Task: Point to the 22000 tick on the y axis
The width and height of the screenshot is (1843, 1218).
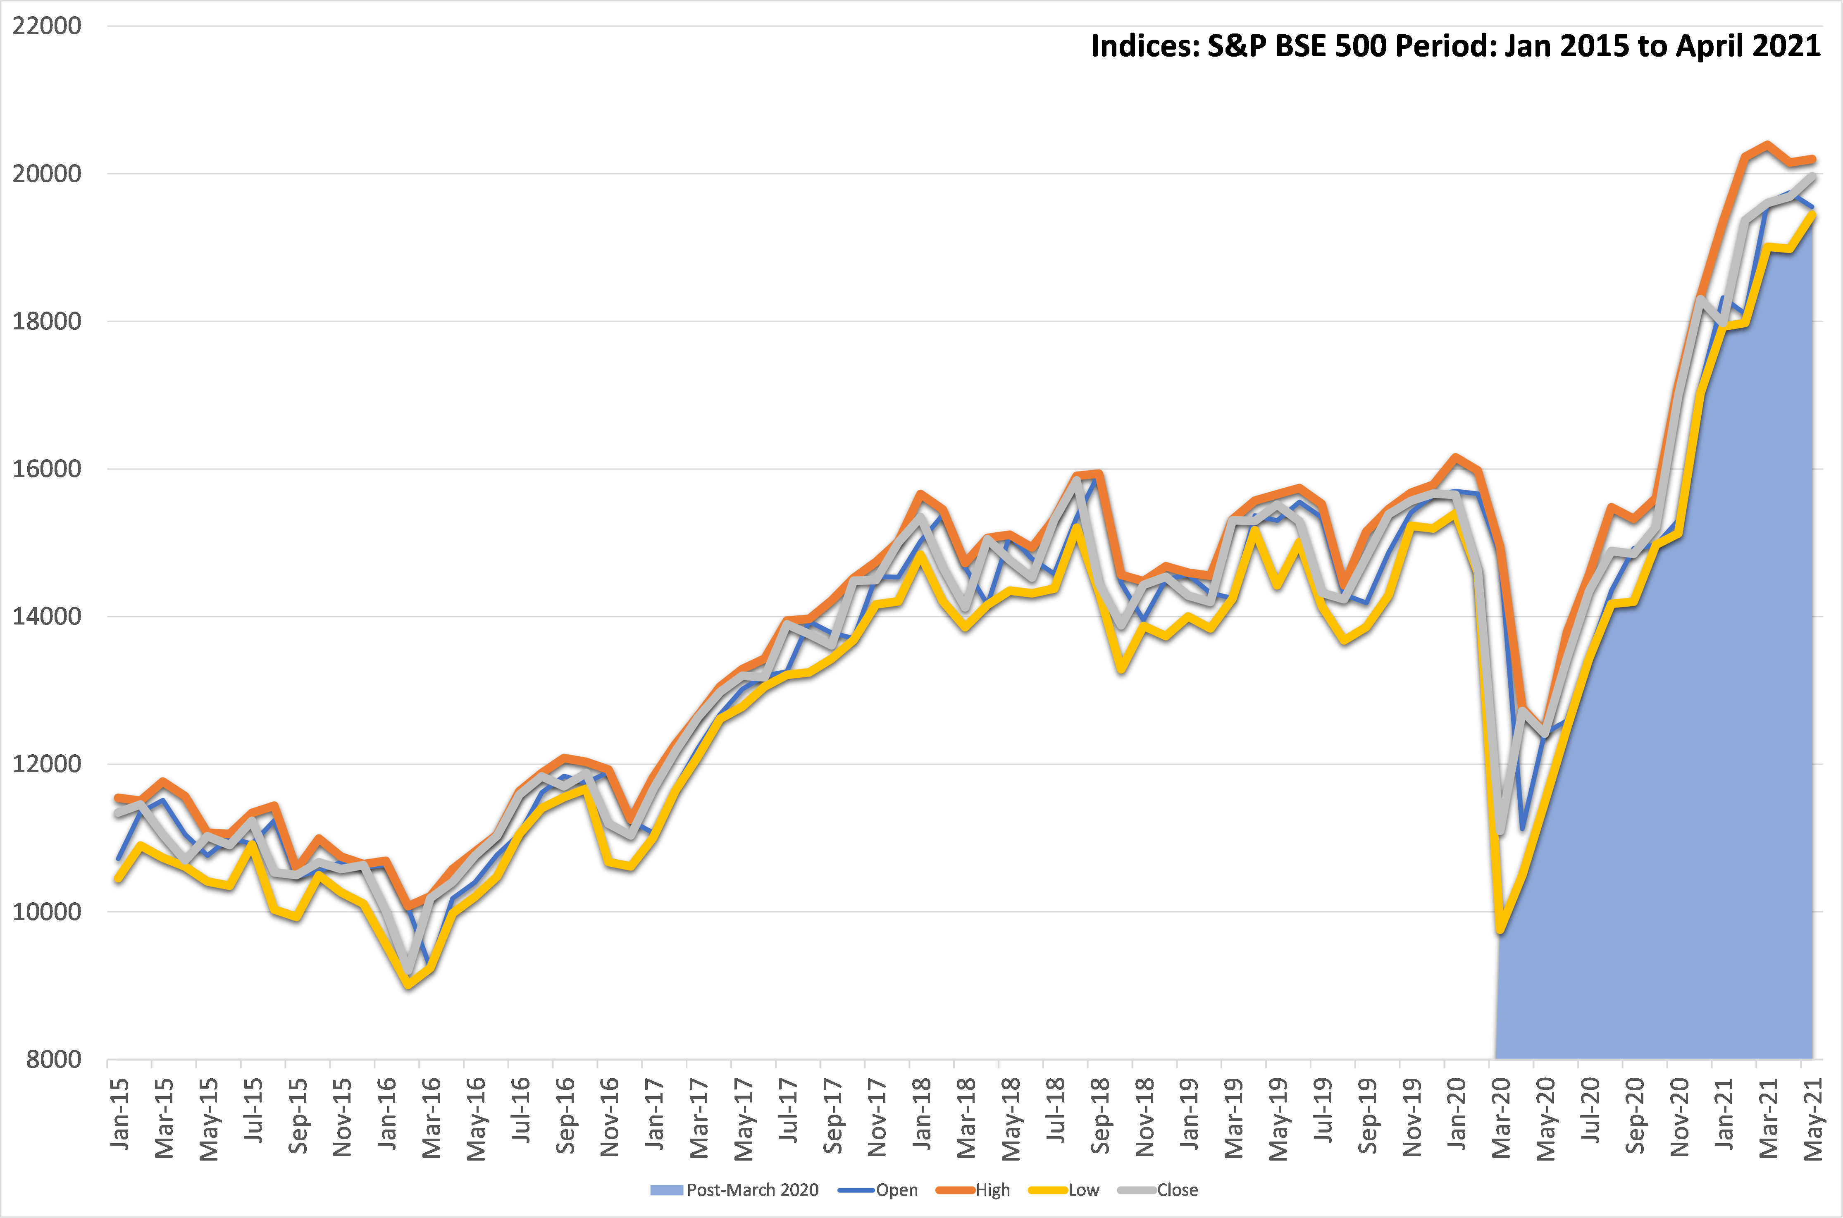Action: coord(47,26)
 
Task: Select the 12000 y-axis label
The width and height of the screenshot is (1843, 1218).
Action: coord(47,764)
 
